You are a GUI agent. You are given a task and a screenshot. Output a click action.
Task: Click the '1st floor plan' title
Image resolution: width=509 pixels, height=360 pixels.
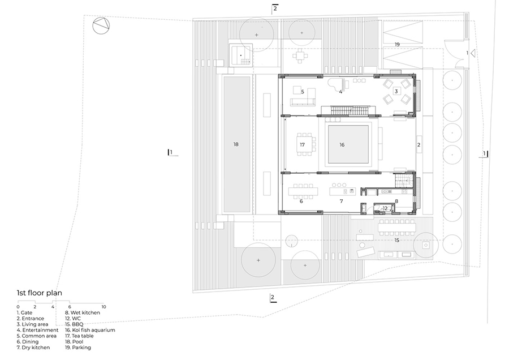click(x=40, y=293)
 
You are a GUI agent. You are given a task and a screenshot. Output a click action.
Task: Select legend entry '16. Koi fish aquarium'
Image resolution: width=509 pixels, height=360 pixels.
click(x=90, y=329)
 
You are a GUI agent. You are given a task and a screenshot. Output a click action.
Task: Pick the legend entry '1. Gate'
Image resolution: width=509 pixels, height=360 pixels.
click(x=26, y=312)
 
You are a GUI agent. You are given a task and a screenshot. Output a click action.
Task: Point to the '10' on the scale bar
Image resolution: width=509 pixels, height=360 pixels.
click(x=103, y=306)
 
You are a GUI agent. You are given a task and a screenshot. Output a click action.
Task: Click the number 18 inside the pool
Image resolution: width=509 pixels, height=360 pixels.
click(x=236, y=144)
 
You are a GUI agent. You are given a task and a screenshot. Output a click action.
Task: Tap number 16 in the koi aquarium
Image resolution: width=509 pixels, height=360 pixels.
click(x=342, y=145)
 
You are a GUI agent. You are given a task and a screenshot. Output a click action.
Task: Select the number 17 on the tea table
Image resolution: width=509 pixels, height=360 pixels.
click(x=303, y=145)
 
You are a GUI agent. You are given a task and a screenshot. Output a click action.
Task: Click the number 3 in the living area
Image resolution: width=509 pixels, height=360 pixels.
click(x=396, y=91)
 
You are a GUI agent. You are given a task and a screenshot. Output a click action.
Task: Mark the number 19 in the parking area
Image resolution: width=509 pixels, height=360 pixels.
click(x=397, y=44)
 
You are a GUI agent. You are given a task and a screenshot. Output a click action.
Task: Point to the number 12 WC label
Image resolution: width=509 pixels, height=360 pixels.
click(x=385, y=208)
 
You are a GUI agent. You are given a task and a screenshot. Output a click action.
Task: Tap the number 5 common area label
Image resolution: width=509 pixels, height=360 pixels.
click(x=303, y=91)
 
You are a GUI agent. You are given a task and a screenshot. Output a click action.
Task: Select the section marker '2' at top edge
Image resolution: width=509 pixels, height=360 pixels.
click(x=275, y=8)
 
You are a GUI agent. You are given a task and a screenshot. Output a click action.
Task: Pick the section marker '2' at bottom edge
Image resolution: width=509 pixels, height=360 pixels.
click(x=272, y=298)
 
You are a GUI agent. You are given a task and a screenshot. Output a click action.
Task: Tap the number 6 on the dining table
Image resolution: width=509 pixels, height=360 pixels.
click(x=301, y=201)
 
